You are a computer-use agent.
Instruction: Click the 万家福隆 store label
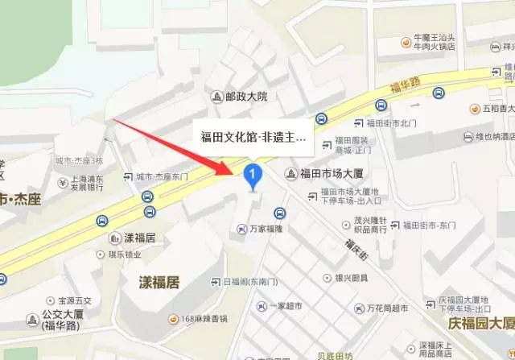click(x=266, y=230)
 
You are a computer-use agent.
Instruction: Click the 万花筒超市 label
click(x=382, y=308)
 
